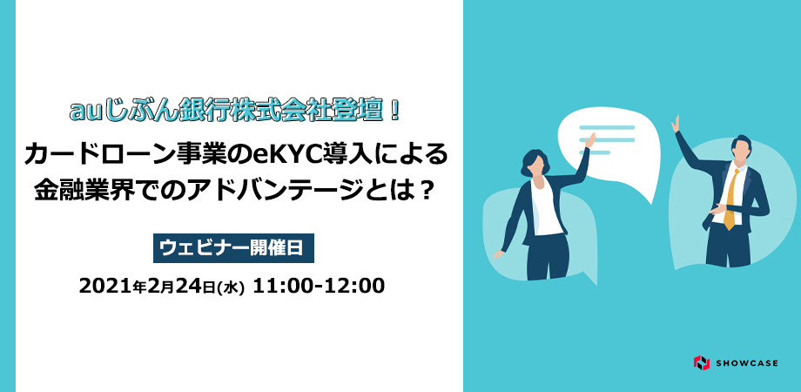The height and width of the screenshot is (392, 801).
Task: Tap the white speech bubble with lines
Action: coord(609,148)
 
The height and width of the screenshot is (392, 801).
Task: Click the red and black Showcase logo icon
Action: coord(702,363)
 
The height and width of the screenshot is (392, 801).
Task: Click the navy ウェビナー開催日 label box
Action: coord(233,248)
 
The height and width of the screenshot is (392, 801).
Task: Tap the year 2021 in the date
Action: coord(105,287)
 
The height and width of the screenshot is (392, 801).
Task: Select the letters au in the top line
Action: coord(84,112)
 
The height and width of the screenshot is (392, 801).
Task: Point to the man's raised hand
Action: coord(676,124)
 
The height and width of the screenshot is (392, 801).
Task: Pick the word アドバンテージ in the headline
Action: coord(284,193)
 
